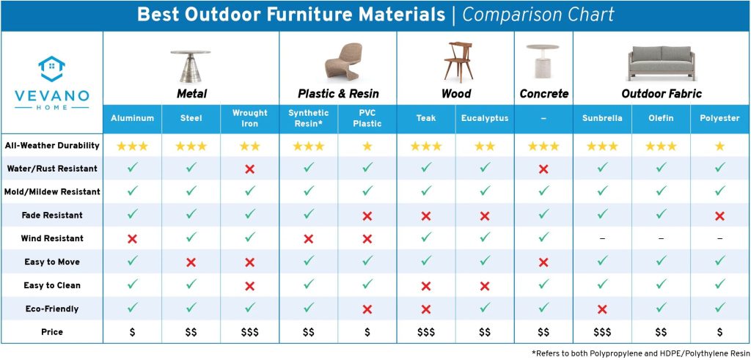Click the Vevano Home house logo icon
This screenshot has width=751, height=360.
pyautogui.click(x=51, y=69)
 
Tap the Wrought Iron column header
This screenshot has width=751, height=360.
pyautogui.click(x=249, y=118)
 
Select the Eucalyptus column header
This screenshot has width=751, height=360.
pyautogui.click(x=485, y=118)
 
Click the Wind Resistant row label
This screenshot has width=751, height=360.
pyautogui.click(x=52, y=238)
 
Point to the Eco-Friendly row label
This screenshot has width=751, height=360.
pyautogui.click(x=52, y=309)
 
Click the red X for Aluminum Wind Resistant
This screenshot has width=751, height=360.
pyautogui.click(x=132, y=239)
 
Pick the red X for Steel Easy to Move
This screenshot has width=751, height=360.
pyautogui.click(x=191, y=262)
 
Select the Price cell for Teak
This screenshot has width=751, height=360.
pyautogui.click(x=426, y=332)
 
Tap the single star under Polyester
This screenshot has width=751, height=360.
pyautogui.click(x=719, y=147)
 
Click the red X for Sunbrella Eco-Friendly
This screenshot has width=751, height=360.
pyautogui.click(x=602, y=309)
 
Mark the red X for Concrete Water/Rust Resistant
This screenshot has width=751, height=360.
pyautogui.click(x=543, y=169)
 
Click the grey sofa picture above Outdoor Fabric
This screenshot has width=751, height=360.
pyautogui.click(x=661, y=63)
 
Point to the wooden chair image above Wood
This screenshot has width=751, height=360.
pyautogui.click(x=458, y=62)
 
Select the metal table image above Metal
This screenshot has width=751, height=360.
pyautogui.click(x=191, y=66)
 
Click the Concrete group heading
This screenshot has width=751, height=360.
pyautogui.click(x=544, y=94)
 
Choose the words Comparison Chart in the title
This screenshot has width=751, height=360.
pyautogui.click(x=538, y=15)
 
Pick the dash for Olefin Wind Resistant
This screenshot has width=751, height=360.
pyautogui.click(x=661, y=238)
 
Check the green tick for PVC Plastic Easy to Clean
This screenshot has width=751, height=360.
pyautogui.click(x=367, y=284)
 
